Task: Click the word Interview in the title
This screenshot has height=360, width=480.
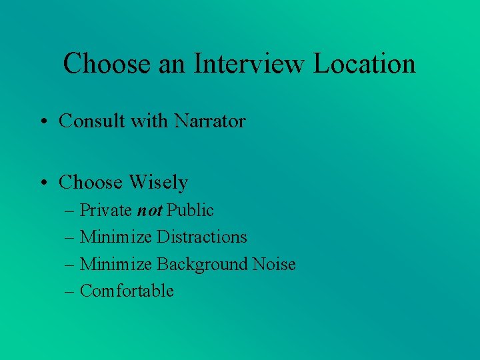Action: (250, 64)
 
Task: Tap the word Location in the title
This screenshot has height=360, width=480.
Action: (365, 64)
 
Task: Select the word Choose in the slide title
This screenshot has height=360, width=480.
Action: (105, 64)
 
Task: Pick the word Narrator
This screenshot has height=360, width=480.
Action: (210, 121)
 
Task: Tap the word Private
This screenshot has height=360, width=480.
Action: (106, 211)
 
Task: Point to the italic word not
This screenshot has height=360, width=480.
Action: (149, 211)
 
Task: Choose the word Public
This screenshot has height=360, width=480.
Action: (190, 211)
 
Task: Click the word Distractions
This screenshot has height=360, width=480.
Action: (202, 237)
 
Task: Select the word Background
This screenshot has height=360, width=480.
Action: (202, 264)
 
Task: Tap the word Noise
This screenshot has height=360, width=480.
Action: (274, 264)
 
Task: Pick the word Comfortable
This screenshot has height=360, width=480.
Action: (127, 291)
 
